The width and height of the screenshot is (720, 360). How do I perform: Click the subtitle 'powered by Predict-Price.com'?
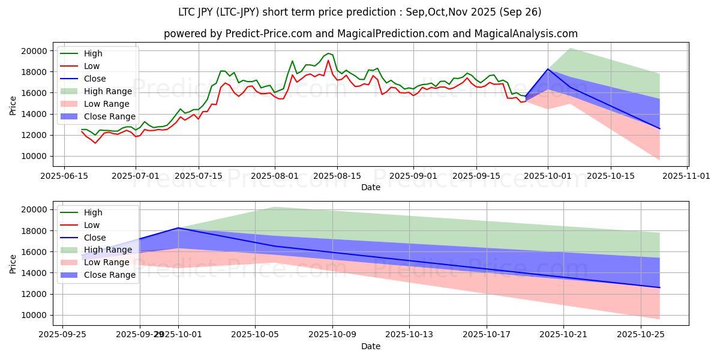tap(370, 34)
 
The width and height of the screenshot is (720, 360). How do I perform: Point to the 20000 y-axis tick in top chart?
tap(35, 51)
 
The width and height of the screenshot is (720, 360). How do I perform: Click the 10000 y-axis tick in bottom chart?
tap(35, 315)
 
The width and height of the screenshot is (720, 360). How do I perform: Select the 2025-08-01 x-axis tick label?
tap(275, 176)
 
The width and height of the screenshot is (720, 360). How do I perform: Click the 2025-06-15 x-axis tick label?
tap(64, 176)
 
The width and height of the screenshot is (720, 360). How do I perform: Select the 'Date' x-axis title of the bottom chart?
tap(370, 346)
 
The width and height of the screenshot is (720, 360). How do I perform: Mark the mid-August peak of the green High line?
tap(328, 53)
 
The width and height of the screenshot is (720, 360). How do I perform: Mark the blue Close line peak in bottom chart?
tap(179, 228)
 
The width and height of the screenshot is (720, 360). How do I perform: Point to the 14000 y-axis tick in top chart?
tap(35, 114)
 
